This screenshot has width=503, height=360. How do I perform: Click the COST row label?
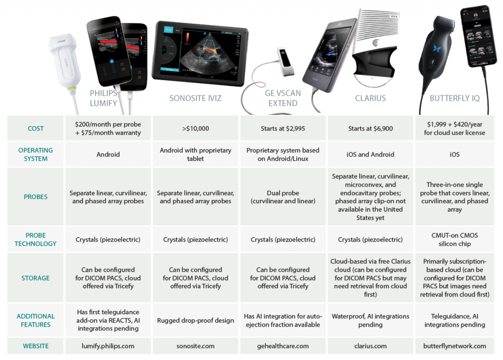[35, 129]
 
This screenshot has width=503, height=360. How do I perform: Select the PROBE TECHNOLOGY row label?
[35, 239]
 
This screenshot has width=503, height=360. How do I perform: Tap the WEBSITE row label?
[35, 346]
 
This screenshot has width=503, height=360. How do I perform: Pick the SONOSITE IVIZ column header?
[195, 98]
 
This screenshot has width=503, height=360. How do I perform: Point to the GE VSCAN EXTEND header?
[283, 98]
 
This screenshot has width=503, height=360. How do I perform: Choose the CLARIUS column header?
[370, 98]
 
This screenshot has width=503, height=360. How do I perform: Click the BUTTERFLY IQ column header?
[454, 98]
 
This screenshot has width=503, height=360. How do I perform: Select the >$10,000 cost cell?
[196, 129]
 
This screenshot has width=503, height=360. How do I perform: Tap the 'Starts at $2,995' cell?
[283, 129]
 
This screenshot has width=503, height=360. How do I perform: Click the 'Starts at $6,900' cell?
[370, 129]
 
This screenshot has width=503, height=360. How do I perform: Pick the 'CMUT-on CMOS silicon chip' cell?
[454, 239]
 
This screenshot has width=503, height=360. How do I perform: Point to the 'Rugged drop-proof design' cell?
[196, 320]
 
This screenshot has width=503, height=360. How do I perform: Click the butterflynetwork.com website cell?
[454, 346]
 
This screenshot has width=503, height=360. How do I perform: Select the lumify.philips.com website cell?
[108, 346]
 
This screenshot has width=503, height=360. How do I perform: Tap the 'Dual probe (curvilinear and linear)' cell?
[283, 196]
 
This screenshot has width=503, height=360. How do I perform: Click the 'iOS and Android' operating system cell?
[370, 154]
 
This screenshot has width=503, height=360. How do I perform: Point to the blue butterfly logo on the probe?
[435, 49]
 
